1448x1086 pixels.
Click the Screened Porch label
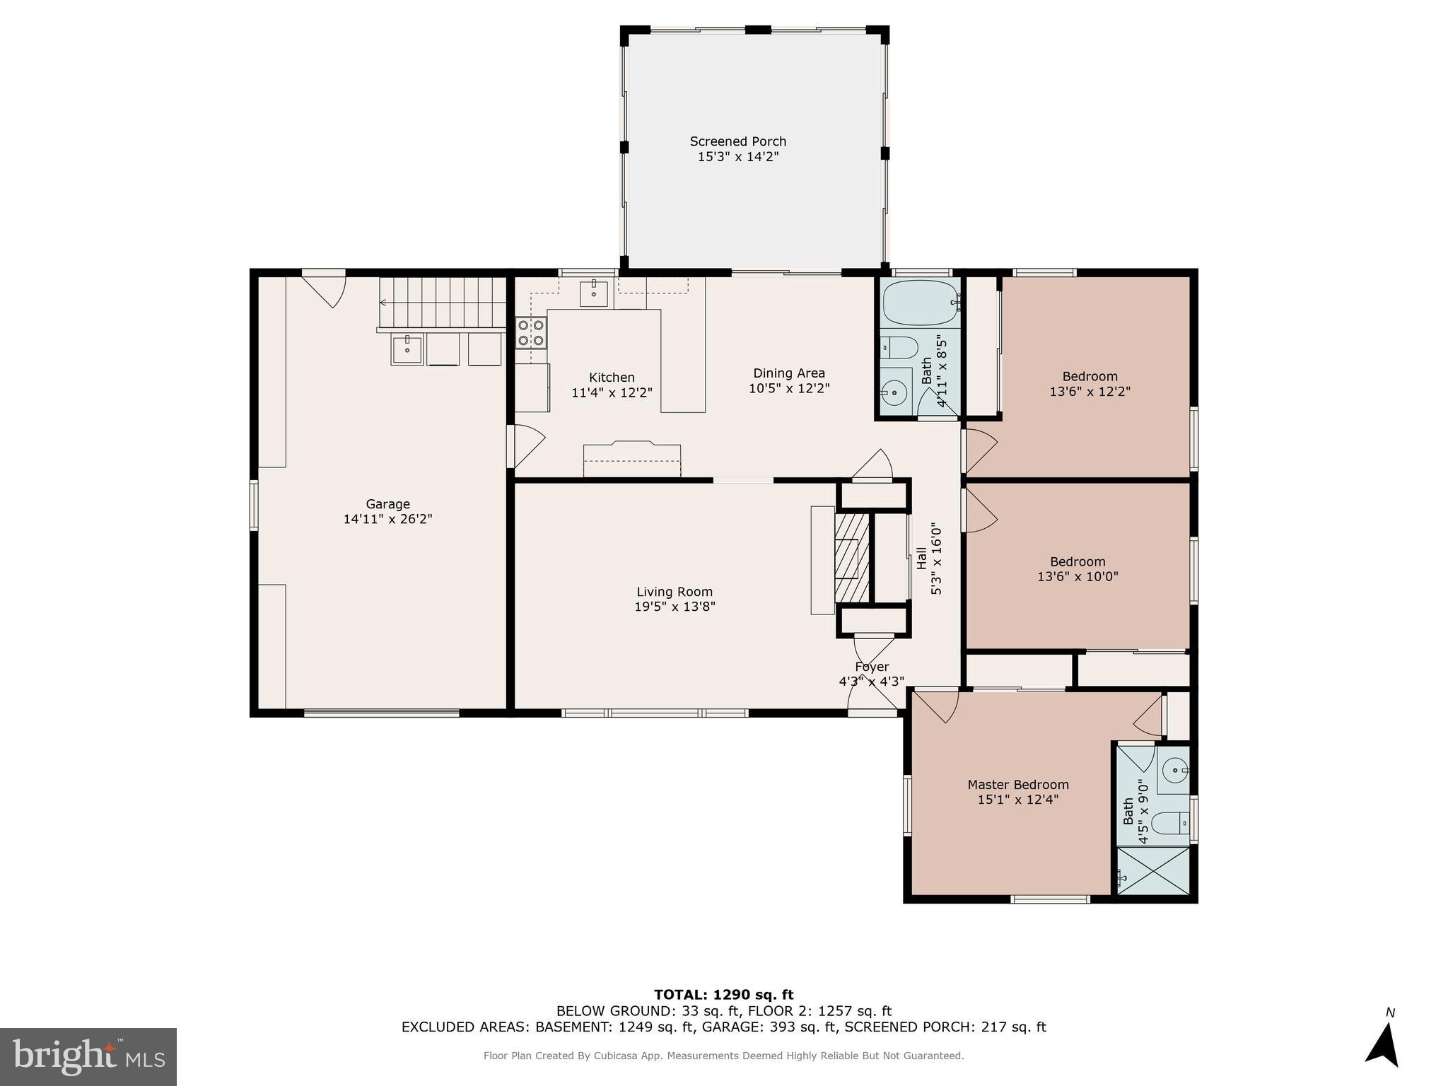(x=737, y=141)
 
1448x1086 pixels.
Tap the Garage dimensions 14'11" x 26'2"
(x=387, y=519)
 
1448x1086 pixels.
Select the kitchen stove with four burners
(x=531, y=332)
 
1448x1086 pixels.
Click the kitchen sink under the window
(x=594, y=293)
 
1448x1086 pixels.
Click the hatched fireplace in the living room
(x=852, y=558)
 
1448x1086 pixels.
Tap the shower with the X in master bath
(x=1152, y=871)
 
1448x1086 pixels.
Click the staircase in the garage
(x=442, y=303)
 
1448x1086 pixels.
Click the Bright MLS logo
(x=88, y=1057)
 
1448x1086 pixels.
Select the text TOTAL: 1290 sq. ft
(x=723, y=995)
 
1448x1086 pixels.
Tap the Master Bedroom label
(x=1017, y=785)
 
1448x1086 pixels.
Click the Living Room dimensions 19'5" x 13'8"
(x=675, y=607)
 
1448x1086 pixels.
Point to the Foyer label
(x=871, y=667)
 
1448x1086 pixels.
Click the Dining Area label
(x=788, y=373)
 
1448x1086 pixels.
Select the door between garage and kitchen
(x=525, y=445)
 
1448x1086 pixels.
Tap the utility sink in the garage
(x=407, y=349)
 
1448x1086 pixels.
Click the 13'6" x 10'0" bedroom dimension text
(x=1077, y=577)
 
